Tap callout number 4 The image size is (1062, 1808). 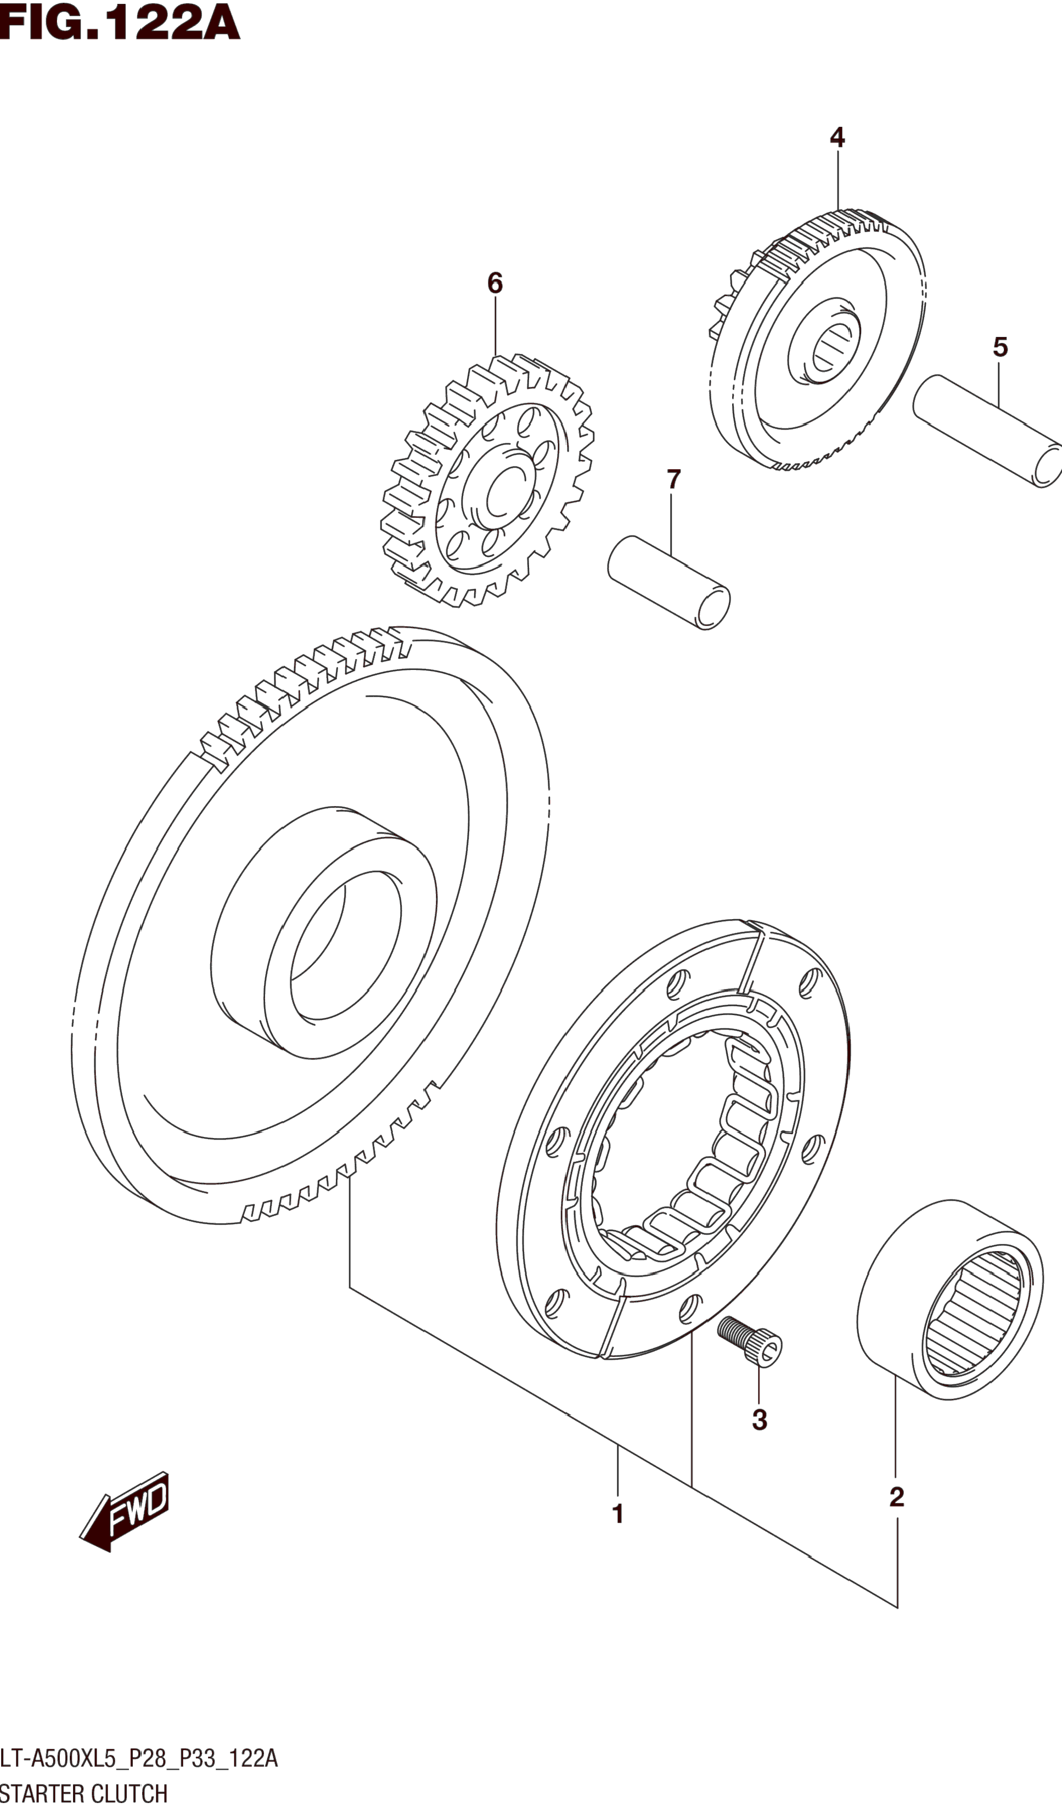point(838,137)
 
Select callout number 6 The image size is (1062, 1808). point(495,283)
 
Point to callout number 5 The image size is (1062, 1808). point(1001,347)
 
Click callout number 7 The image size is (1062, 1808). point(673,479)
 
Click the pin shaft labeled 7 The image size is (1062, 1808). point(669,582)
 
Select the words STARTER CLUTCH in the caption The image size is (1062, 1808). point(84,1792)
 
